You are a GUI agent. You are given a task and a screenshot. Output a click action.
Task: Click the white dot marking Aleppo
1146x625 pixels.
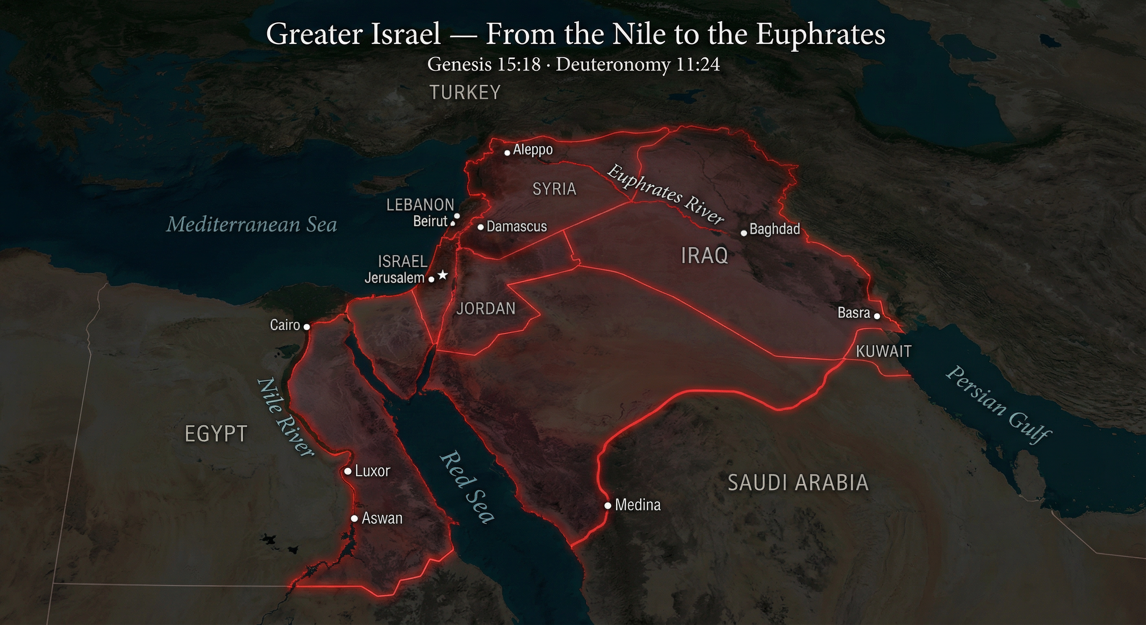(507, 153)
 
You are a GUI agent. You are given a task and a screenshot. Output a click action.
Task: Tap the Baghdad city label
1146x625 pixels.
(774, 229)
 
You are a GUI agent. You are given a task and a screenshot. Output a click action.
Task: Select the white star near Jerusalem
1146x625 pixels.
(442, 275)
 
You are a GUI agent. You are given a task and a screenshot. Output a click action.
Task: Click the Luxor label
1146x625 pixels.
(372, 471)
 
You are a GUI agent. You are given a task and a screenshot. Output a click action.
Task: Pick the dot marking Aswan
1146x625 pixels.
(354, 519)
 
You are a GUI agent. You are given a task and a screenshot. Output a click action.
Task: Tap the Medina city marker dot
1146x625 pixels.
(608, 506)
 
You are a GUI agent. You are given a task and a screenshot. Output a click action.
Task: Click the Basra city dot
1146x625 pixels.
(877, 316)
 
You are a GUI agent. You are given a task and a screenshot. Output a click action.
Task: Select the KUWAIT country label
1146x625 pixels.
(884, 352)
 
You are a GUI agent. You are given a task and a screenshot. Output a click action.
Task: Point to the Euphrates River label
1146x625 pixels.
(665, 194)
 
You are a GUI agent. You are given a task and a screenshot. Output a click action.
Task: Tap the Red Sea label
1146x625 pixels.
(467, 487)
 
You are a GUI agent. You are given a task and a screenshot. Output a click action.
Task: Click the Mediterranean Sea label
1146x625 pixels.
(252, 224)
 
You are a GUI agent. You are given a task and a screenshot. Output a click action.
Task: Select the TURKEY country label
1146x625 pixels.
(465, 92)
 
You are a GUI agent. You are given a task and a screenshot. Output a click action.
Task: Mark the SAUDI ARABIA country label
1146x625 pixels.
(798, 483)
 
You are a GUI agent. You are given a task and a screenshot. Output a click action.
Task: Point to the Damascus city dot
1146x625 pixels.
(481, 227)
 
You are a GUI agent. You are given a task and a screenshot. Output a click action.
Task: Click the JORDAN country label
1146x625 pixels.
(486, 308)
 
